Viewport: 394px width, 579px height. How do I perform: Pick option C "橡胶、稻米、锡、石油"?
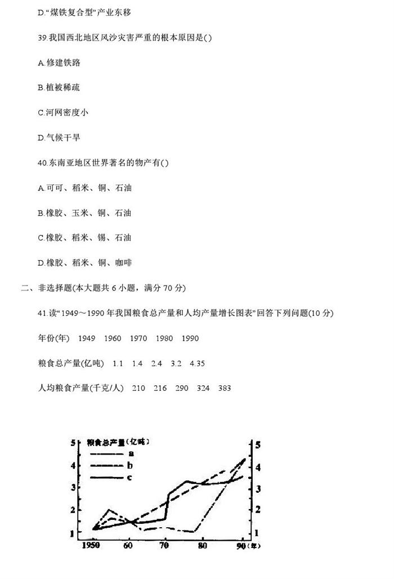(84, 238)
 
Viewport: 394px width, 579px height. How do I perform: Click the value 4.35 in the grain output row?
(198, 363)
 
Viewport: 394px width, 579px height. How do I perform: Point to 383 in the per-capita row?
(224, 388)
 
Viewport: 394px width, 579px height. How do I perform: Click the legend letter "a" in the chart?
(131, 453)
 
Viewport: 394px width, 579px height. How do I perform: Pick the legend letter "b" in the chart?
(131, 465)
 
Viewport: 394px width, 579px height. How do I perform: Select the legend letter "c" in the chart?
(131, 478)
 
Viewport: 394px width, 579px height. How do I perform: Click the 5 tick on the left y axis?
(73, 442)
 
